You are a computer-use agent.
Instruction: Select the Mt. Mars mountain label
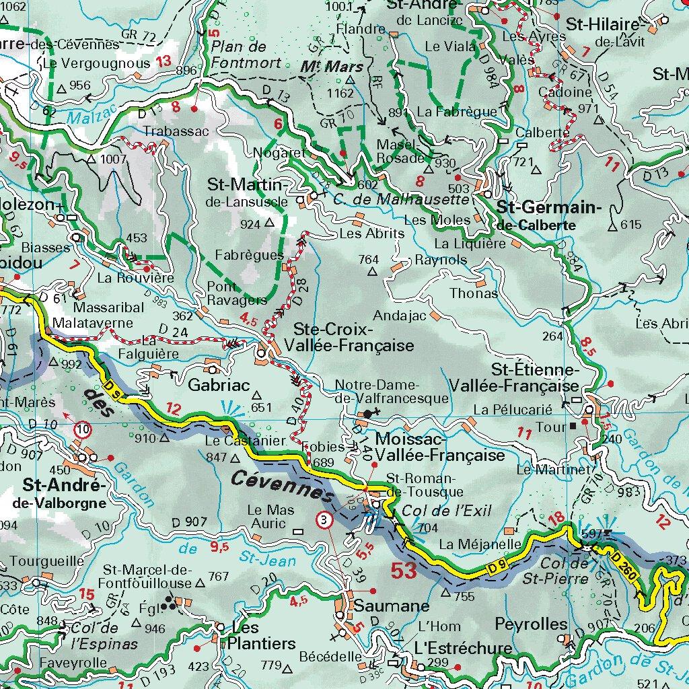[x=331, y=67]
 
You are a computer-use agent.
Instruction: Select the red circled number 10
[x=83, y=429]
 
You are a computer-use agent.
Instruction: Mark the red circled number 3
[x=325, y=519]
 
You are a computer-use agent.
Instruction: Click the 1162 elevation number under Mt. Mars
[x=339, y=93]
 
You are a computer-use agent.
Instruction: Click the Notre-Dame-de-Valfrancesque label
[x=392, y=392]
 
